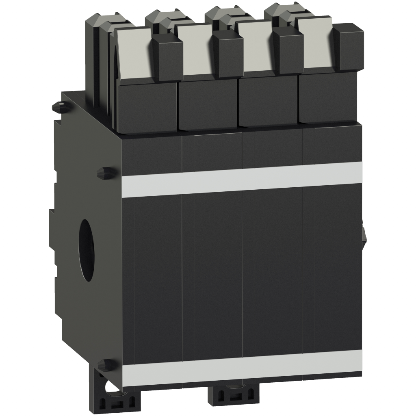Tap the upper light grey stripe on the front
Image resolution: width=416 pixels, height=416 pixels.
(241, 179)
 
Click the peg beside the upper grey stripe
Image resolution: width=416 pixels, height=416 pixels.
(105, 172)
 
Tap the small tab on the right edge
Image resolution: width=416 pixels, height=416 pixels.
(364, 233)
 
